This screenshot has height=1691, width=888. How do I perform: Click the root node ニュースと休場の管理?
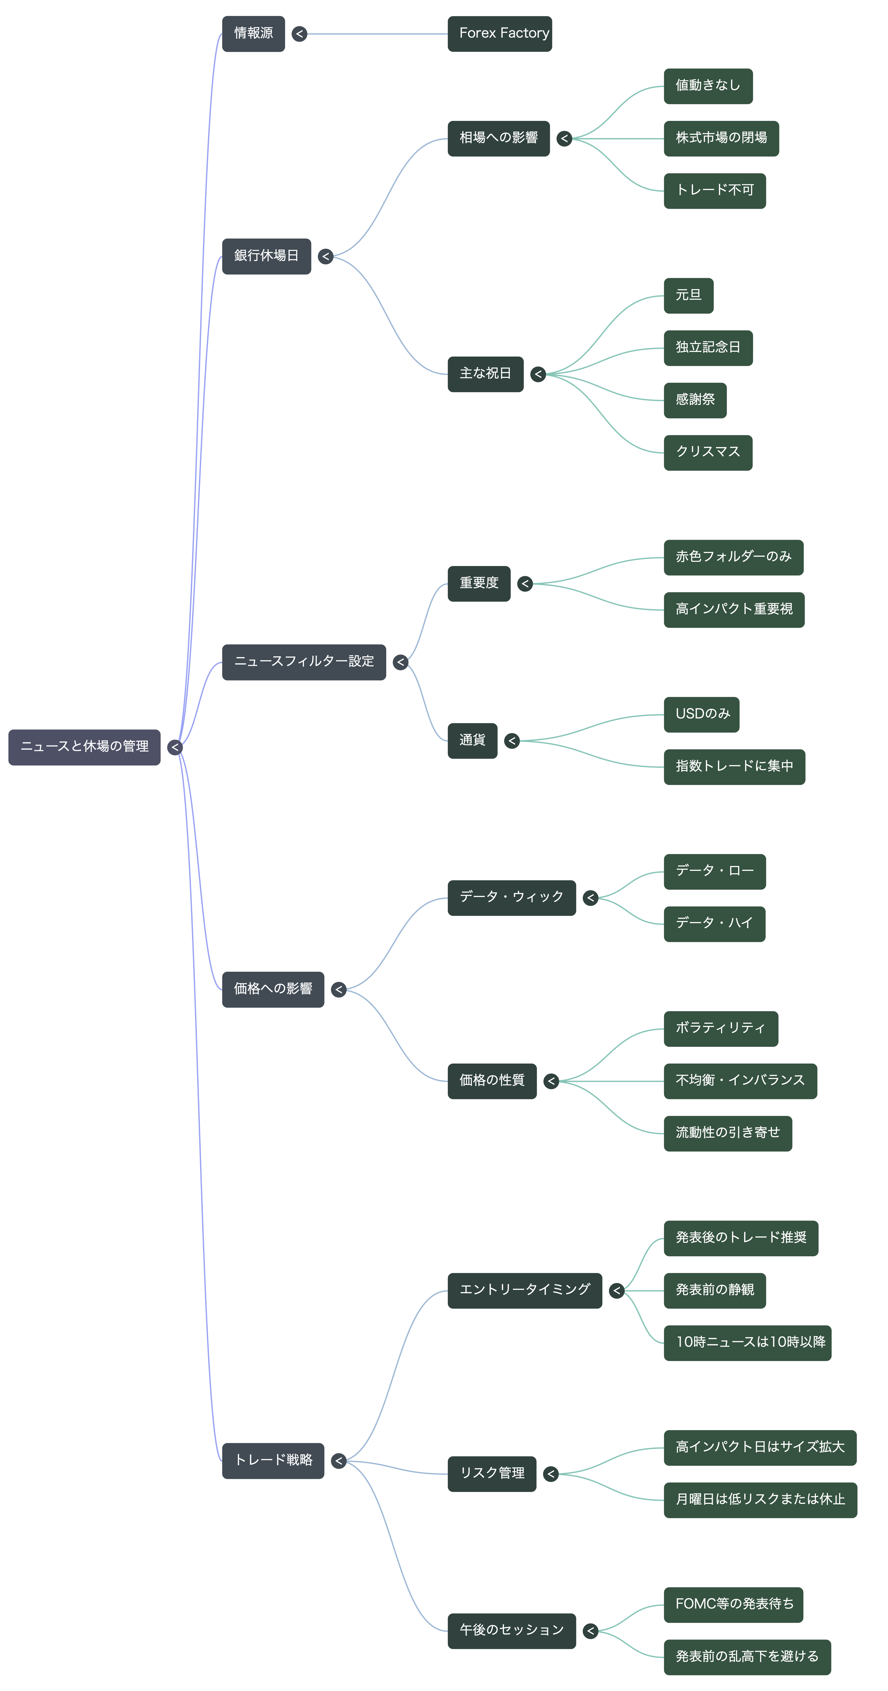84,747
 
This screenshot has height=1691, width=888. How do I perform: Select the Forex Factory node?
500,33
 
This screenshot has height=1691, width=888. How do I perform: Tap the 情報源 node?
253,33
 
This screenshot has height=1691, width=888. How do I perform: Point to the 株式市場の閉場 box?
721,139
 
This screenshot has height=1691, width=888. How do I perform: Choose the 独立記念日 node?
708,348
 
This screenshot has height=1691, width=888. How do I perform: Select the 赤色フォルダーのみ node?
734,557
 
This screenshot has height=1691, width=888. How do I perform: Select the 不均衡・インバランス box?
740,1081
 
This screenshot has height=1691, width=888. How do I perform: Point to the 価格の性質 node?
492,1081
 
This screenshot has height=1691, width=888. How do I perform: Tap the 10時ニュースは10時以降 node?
748,1343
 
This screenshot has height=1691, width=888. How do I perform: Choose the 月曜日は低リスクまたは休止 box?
761,1500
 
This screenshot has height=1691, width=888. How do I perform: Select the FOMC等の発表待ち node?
734,1605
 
